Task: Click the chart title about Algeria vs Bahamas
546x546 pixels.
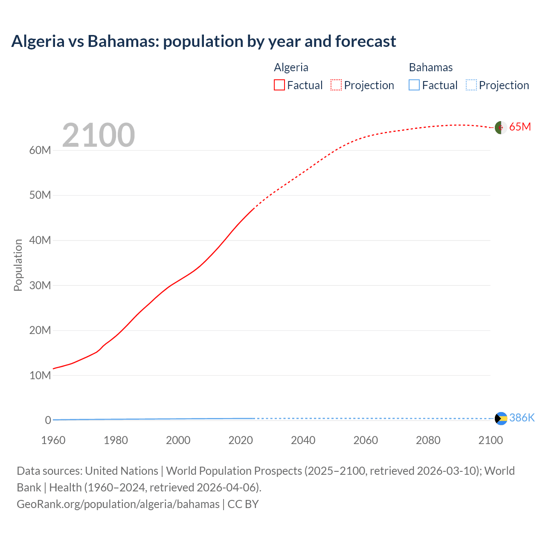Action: pos(203,41)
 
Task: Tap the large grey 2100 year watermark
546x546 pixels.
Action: pos(99,135)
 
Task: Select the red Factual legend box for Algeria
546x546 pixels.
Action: pos(279,85)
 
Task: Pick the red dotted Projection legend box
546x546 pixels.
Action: pos(336,85)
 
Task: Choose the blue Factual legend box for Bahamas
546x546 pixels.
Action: pos(414,85)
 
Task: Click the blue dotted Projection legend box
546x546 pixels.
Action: pos(471,85)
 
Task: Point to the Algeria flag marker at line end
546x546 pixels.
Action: pos(501,127)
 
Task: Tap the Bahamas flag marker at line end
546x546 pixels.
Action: pos(501,418)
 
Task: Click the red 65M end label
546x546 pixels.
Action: pos(520,127)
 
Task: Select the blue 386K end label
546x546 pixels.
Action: pos(522,418)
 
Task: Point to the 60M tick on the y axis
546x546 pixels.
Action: pos(40,150)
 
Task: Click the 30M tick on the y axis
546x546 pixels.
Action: pos(40,285)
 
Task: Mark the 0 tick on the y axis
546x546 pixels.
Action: pos(48,420)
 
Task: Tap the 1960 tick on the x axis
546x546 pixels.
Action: pos(53,440)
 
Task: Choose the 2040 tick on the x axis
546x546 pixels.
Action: pos(303,440)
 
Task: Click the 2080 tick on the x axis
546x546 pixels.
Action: pos(428,440)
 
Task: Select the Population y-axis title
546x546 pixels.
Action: pos(18,265)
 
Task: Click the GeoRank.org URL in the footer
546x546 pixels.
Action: pos(118,504)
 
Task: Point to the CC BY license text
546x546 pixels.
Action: pos(243,504)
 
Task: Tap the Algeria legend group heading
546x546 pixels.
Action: pos(291,67)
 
